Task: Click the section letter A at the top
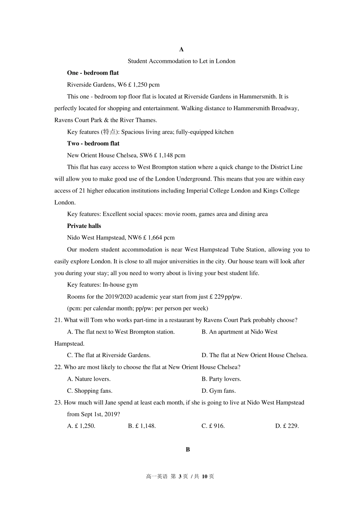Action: tap(182, 49)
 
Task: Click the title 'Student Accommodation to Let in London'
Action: tap(182, 61)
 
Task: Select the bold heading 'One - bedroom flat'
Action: tap(93, 73)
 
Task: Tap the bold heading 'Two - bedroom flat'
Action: tap(93, 143)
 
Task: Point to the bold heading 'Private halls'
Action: tap(84, 226)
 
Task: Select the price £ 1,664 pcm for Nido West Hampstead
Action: tap(159, 237)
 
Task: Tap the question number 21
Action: tap(58, 320)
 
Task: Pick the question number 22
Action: tap(58, 367)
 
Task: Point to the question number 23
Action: tap(58, 403)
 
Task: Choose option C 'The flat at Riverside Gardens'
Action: tap(109, 355)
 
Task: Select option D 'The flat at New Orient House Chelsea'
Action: tap(255, 355)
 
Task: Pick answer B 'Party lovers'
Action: tap(221, 379)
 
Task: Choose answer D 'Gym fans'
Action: tap(219, 391)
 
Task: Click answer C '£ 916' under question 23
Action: tap(213, 426)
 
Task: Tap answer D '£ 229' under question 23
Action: tap(287, 426)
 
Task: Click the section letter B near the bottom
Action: tap(188, 450)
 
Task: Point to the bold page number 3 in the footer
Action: tap(180, 476)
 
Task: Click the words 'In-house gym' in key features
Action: tap(120, 285)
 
